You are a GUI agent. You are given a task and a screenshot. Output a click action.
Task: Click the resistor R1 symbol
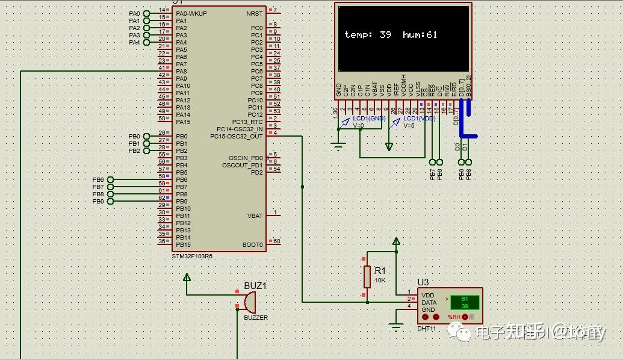[367, 277]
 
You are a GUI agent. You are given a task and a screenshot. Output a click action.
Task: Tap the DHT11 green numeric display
[465, 302]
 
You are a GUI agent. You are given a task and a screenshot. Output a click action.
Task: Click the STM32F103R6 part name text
[192, 256]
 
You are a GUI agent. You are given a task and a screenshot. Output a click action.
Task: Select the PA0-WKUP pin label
[191, 13]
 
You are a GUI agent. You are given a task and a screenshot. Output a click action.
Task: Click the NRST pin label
[254, 13]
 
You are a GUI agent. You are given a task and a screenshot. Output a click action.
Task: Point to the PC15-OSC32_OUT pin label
[236, 136]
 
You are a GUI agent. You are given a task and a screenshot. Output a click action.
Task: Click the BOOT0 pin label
[253, 244]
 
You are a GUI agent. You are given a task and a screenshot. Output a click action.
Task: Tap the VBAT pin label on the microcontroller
[255, 216]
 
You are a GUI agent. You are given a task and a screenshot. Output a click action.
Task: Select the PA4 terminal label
[134, 42]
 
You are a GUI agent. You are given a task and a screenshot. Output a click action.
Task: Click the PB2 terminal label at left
[134, 151]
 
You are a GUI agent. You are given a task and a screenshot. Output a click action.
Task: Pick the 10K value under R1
[380, 281]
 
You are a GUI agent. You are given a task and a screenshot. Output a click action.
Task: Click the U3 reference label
[423, 282]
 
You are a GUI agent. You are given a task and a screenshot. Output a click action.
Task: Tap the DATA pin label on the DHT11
[429, 303]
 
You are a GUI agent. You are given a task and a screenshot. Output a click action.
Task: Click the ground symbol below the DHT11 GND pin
[395, 327]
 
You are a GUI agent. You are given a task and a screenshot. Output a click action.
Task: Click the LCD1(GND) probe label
[369, 119]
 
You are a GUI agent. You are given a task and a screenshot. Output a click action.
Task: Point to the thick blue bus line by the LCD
[462, 120]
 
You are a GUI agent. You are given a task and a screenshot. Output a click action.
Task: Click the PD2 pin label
[257, 172]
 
